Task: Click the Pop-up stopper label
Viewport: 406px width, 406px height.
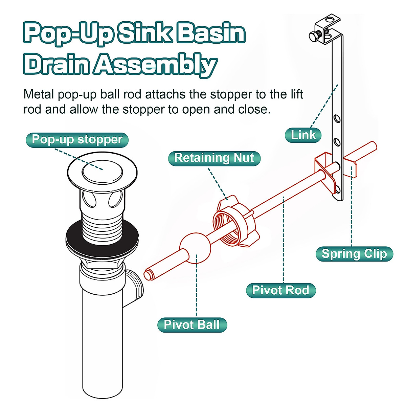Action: click(77, 140)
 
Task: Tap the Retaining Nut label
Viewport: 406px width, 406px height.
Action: click(214, 158)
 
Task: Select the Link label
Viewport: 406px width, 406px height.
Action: click(303, 135)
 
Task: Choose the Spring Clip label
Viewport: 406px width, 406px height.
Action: click(354, 254)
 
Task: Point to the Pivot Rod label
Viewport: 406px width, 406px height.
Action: click(280, 290)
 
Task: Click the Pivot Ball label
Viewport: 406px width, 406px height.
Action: click(192, 325)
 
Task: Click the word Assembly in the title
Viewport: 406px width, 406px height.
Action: click(155, 64)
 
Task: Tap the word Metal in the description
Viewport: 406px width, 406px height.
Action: click(39, 94)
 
